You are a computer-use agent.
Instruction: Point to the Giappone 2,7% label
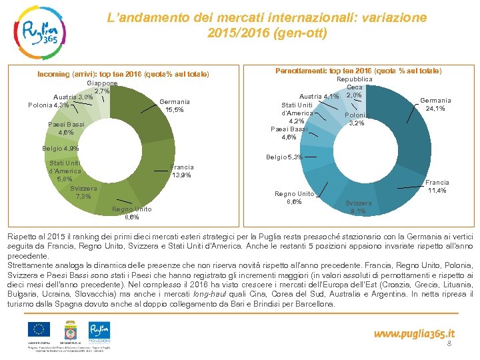pos(103,87)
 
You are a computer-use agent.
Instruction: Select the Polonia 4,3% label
pos(49,105)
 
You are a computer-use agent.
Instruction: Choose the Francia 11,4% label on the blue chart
pos(437,187)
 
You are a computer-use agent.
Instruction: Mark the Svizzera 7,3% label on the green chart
pos(84,193)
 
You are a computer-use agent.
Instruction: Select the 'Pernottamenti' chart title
pos(358,71)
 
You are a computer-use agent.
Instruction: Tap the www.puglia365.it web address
pos(414,333)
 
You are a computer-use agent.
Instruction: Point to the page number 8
pos(449,344)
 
